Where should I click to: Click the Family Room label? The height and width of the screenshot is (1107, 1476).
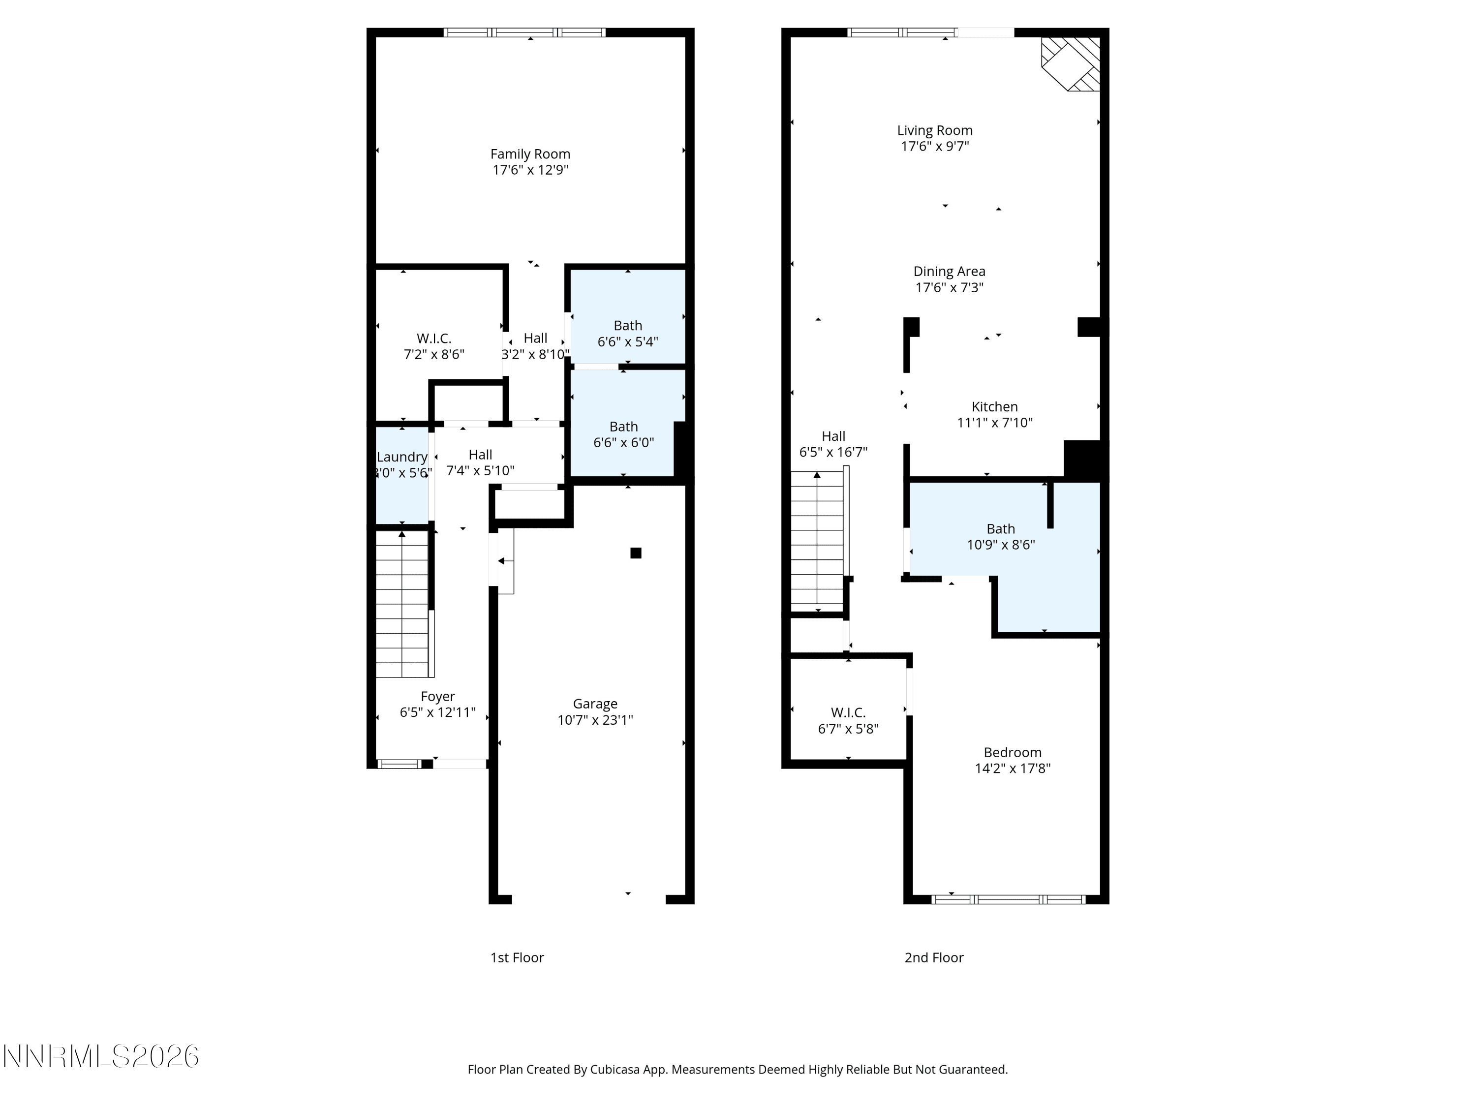click(x=530, y=154)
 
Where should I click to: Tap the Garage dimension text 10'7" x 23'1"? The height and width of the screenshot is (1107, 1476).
click(x=595, y=720)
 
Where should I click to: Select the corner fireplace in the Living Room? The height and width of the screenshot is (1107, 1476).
click(x=1071, y=64)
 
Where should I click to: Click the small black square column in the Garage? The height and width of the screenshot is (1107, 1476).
click(x=636, y=553)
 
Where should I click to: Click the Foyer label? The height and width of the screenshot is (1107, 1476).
click(x=438, y=697)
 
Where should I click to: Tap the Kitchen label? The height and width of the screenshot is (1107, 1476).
click(x=995, y=407)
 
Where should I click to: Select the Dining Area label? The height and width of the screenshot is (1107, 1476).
click(x=949, y=272)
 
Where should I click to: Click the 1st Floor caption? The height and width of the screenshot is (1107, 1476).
click(x=517, y=958)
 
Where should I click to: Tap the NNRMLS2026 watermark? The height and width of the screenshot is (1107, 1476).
click(x=101, y=1056)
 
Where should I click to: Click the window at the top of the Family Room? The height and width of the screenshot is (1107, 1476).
click(x=525, y=32)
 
